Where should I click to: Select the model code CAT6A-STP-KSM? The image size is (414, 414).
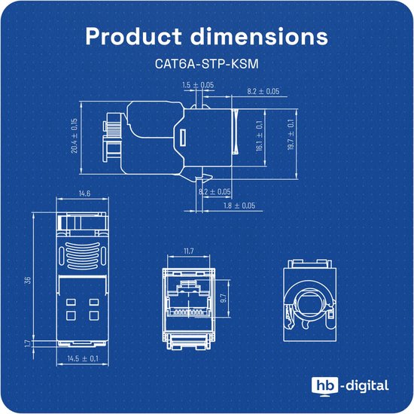[206, 65]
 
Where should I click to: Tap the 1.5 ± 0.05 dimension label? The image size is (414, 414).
[198, 85]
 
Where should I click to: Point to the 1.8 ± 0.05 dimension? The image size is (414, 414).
[239, 205]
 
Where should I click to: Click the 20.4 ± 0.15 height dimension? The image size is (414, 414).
[75, 135]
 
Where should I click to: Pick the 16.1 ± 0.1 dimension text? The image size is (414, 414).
[259, 135]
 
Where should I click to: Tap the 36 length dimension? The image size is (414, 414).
[28, 280]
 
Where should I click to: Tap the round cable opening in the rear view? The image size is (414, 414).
[309, 301]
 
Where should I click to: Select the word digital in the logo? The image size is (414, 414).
[368, 386]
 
